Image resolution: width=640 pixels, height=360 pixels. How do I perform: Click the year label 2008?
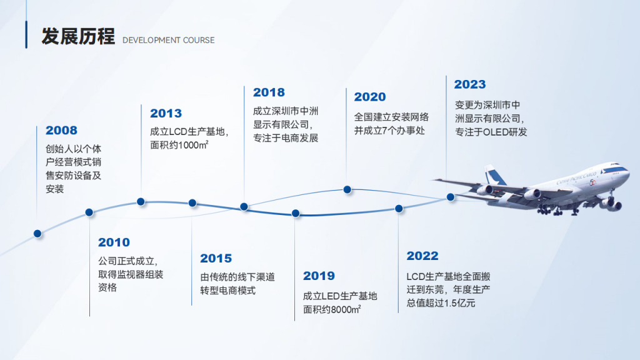pos(61,130)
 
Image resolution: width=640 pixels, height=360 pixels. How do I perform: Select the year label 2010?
pos(114,242)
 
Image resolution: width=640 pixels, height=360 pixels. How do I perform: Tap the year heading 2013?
pos(166,113)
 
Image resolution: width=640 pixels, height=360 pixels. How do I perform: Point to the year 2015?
pos(216,258)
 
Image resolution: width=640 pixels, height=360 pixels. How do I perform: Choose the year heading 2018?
pos(269,92)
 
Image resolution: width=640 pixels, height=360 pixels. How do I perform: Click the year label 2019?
pos(319,276)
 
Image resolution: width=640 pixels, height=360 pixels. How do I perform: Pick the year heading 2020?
pos(370,97)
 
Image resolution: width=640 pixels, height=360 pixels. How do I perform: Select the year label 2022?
pos(422,256)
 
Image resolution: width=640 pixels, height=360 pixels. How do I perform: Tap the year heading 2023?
pos(470,84)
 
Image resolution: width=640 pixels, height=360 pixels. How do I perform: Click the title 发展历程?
pos(78,36)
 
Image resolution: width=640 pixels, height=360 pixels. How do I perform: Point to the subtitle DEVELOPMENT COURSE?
pos(169,40)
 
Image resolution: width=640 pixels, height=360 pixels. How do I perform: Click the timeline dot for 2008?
pos(37,234)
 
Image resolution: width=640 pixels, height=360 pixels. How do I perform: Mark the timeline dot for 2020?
pos(347,189)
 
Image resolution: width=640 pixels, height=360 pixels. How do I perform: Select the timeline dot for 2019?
pos(296,213)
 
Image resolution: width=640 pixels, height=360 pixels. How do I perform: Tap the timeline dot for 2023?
pos(451,197)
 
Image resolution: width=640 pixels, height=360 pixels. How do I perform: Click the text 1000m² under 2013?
pos(194,145)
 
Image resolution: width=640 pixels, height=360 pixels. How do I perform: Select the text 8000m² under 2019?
pos(346,309)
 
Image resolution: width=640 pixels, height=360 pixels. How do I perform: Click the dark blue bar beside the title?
pos(26,35)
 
